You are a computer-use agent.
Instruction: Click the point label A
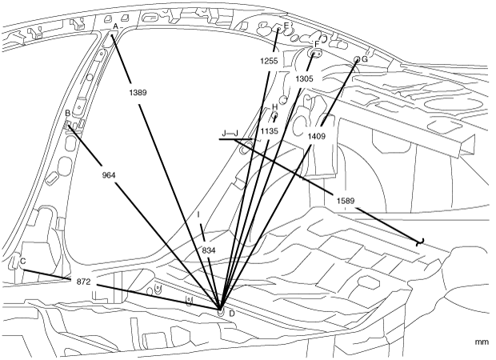pos(116,26)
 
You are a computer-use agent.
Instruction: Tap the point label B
pos(68,114)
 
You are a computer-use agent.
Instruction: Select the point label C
pos(22,262)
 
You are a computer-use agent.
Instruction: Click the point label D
pos(232,313)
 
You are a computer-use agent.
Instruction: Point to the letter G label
pos(365,59)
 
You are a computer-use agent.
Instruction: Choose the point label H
pos(274,106)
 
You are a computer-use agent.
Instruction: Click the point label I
pos(198,215)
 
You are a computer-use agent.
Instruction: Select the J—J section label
pos(230,132)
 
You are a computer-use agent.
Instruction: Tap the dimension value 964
pos(110,174)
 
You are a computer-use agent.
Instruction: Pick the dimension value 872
pos(83,282)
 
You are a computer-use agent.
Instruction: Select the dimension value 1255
pos(268,61)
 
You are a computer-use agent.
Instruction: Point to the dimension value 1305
pos(304,79)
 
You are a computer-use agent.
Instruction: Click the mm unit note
pos(481,342)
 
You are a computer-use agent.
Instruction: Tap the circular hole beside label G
pos(356,59)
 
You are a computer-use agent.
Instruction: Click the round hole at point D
pos(222,311)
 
